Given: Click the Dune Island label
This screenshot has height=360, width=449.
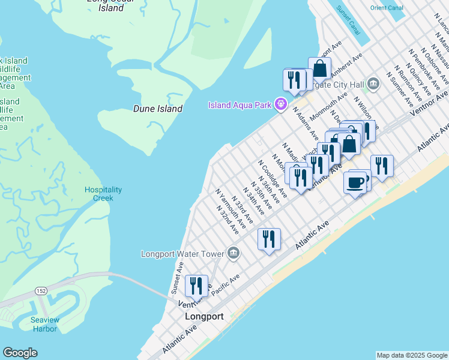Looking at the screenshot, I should (x=158, y=109).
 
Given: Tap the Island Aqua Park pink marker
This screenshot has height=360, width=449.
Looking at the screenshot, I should (x=280, y=104).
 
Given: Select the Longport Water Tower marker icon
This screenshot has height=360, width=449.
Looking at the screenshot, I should (x=234, y=253).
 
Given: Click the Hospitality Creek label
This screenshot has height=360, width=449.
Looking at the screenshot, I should (x=103, y=194).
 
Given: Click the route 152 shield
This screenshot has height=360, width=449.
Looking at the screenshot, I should (x=41, y=291).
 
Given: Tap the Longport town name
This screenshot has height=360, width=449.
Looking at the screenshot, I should (x=204, y=316).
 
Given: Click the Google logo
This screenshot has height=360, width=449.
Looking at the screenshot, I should (x=20, y=353).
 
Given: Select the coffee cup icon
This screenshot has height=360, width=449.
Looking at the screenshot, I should (x=354, y=182).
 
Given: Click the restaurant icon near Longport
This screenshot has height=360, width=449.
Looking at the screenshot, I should (x=196, y=286).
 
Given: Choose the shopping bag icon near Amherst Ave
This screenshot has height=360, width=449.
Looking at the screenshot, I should (x=320, y=69).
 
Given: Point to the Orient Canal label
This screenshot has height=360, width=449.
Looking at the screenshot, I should (x=387, y=8).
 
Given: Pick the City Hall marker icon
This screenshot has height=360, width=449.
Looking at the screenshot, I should (x=373, y=82).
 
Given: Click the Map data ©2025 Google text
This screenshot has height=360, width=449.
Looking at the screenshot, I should (x=411, y=355).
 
